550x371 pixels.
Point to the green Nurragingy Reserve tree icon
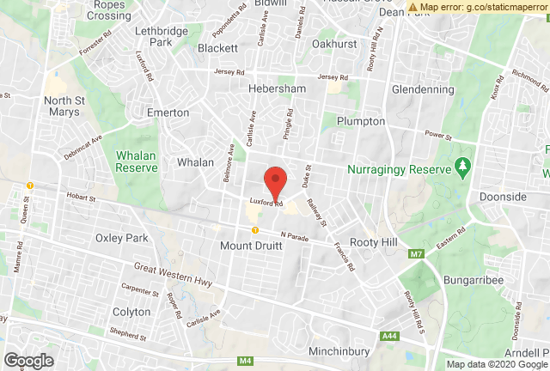[465, 165]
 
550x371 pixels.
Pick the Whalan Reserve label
[137, 161]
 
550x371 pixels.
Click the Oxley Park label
[123, 238]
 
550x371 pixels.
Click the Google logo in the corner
[29, 361]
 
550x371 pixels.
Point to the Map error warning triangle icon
[413, 7]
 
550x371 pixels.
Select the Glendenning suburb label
[422, 88]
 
